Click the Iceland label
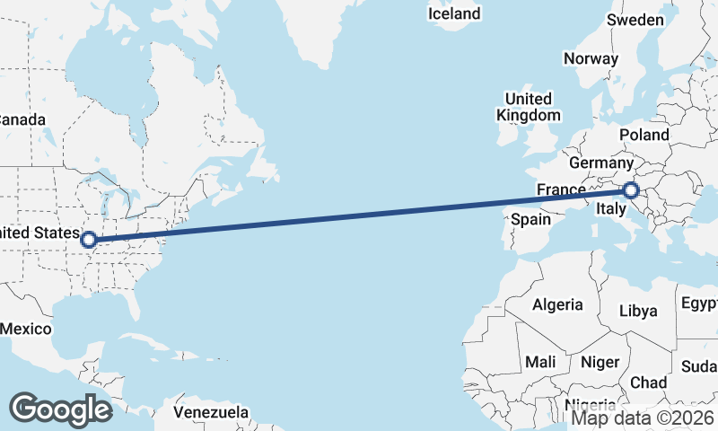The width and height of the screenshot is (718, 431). [454, 13]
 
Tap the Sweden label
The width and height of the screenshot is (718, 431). [635, 20]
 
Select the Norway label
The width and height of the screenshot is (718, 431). [591, 58]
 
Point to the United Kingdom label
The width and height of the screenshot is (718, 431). [528, 107]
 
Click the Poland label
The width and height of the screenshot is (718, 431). [644, 135]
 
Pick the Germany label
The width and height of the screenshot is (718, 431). [601, 163]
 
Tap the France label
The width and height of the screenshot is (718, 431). [561, 189]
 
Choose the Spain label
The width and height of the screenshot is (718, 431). [530, 219]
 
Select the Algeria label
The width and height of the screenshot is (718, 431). [557, 305]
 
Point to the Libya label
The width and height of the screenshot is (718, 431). [638, 311]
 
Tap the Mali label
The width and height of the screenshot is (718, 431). [540, 362]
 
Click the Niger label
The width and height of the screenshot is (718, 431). [600, 362]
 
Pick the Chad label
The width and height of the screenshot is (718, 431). [648, 383]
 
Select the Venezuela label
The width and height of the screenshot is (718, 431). [211, 412]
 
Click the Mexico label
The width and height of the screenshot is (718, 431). [25, 329]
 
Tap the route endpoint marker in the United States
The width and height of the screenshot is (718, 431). [88, 240]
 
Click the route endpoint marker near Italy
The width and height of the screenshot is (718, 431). [630, 190]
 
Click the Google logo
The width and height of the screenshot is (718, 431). [60, 409]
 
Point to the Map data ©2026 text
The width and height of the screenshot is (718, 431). [644, 418]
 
